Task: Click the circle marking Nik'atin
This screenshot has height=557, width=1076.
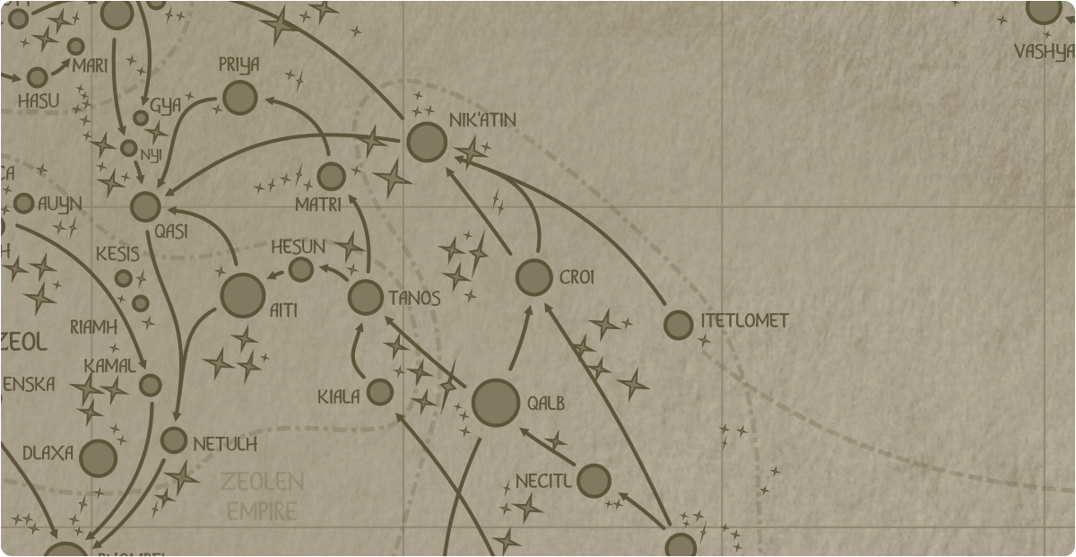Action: click(x=427, y=142)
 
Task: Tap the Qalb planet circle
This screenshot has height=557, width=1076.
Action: click(x=496, y=403)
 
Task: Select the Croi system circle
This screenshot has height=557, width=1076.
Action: click(x=534, y=278)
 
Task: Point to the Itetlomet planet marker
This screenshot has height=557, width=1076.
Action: click(x=679, y=325)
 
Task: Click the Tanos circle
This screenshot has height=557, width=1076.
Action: click(x=366, y=297)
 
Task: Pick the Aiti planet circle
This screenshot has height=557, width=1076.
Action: click(x=242, y=296)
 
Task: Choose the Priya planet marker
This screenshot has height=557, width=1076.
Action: click(x=239, y=98)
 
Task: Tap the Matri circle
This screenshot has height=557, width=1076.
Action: click(x=331, y=176)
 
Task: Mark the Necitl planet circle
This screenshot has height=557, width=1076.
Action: click(x=594, y=481)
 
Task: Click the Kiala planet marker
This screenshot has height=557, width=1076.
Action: click(x=380, y=392)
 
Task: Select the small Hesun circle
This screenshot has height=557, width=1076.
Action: click(x=301, y=269)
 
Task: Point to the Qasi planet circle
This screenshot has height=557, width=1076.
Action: click(x=145, y=206)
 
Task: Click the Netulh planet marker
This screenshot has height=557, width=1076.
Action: click(x=174, y=440)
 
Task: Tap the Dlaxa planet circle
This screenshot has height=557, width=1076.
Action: click(x=99, y=458)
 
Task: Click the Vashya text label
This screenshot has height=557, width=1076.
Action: click(x=1044, y=52)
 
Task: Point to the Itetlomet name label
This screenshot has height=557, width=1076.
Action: click(x=744, y=320)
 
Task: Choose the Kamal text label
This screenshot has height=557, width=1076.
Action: click(x=109, y=366)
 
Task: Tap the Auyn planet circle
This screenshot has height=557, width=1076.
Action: click(x=24, y=204)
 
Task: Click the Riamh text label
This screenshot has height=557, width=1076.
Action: click(x=94, y=326)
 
